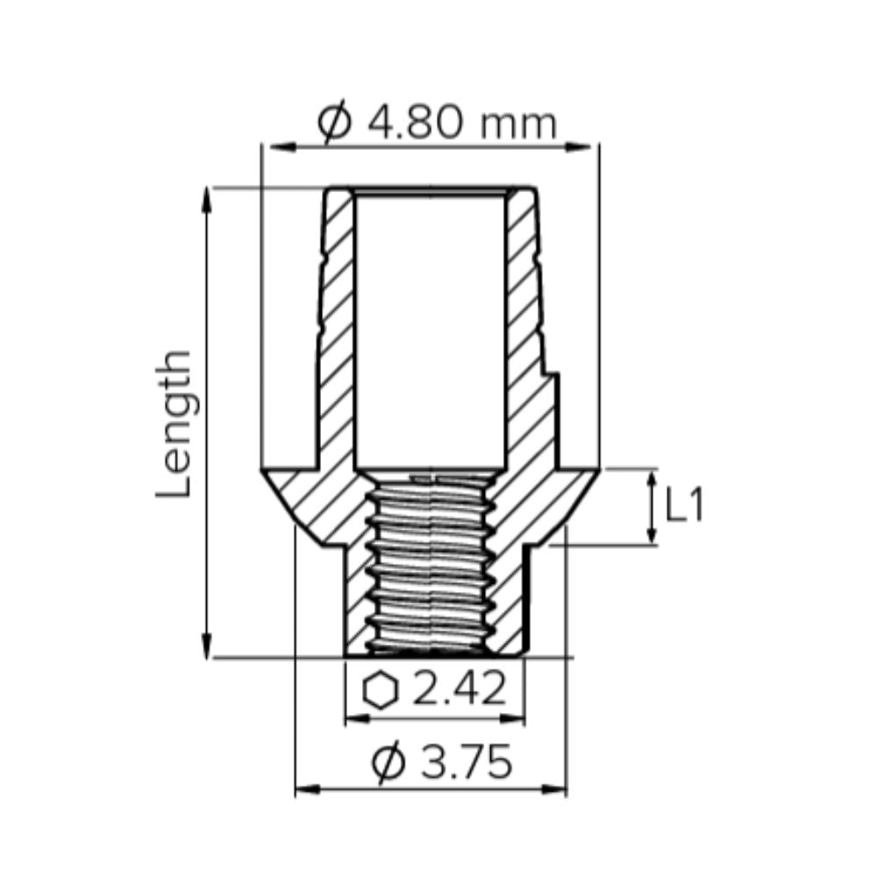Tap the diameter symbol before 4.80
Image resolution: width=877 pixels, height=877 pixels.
(335, 124)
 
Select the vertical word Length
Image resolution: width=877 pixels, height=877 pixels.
(175, 424)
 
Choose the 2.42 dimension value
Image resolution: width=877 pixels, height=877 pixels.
(459, 690)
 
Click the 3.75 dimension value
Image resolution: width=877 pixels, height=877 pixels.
(466, 764)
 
